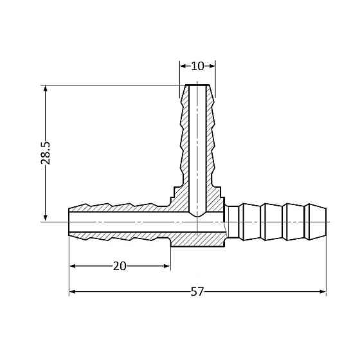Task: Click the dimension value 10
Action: [x=197, y=66]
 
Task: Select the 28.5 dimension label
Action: [x=46, y=153]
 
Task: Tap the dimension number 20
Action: [x=120, y=266]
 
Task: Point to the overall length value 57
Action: [x=197, y=292]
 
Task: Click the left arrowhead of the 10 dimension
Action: [x=183, y=66]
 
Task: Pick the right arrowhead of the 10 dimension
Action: [x=212, y=66]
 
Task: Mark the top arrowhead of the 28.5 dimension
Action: [x=46, y=89]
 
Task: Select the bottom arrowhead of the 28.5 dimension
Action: [x=46, y=218]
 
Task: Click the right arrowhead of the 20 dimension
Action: [x=166, y=266]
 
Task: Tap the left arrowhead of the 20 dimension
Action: [x=73, y=266]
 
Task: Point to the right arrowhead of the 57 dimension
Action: [x=322, y=292]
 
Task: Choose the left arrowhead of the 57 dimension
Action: [x=73, y=292]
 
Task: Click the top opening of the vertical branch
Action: [x=197, y=86]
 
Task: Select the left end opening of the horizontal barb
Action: [x=70, y=222]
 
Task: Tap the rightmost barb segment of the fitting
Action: [x=316, y=222]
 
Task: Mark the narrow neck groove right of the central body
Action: [x=232, y=222]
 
